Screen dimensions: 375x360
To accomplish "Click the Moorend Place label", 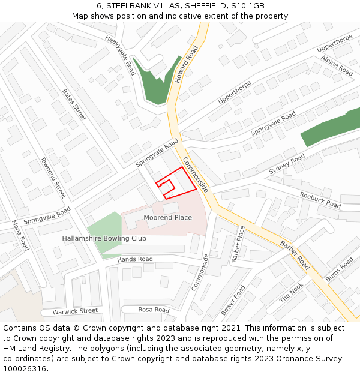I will click(x=167, y=217).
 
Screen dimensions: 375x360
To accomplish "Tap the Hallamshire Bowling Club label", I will click(x=104, y=238).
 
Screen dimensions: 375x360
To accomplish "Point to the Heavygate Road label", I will click(x=121, y=55).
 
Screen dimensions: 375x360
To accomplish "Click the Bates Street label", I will click(x=74, y=104).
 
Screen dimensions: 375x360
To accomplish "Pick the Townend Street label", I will click(x=53, y=178).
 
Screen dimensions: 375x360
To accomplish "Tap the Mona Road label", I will click(x=20, y=235).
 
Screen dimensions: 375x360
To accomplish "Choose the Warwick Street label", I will click(x=75, y=311).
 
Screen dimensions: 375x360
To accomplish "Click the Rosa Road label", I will click(x=154, y=310).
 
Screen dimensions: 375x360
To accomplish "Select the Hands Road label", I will click(x=135, y=259).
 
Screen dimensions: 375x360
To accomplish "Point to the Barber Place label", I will click(x=239, y=244).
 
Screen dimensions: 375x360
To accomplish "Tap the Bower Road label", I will click(x=233, y=301).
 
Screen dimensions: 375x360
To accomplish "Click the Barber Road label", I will click(x=295, y=254).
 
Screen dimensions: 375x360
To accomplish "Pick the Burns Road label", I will click(x=340, y=269).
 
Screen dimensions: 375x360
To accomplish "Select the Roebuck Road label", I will click(x=320, y=200).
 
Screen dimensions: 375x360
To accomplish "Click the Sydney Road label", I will click(x=287, y=163).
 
